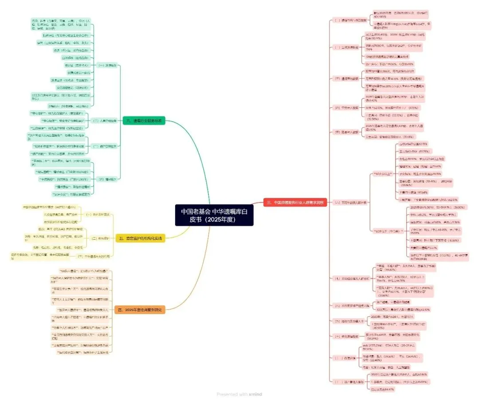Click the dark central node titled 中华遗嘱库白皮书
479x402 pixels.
click(x=214, y=215)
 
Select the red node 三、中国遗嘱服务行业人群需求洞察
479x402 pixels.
click(x=294, y=202)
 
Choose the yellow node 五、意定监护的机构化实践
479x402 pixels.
click(x=140, y=238)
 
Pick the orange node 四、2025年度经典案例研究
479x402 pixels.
click(x=140, y=310)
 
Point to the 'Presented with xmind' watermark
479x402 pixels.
click(x=239, y=394)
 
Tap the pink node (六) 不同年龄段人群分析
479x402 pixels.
click(x=350, y=202)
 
